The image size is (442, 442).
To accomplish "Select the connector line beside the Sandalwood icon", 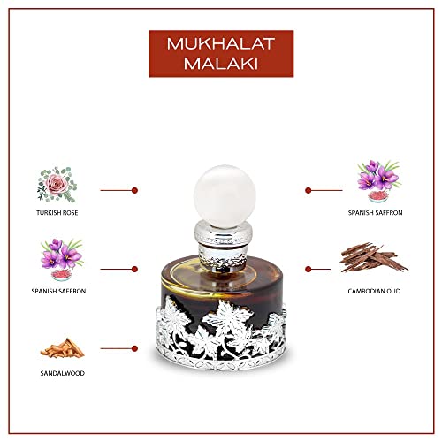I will tap(115, 351).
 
